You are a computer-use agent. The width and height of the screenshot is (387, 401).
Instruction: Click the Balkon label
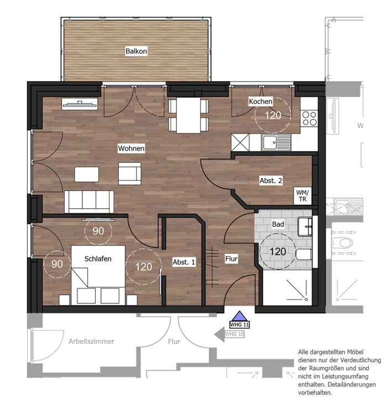tap(136, 51)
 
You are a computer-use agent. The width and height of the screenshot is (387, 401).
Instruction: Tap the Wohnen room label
tap(131, 148)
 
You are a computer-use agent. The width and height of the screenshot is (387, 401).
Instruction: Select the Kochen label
tap(260, 101)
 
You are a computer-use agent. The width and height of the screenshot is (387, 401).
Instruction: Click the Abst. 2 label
tap(271, 180)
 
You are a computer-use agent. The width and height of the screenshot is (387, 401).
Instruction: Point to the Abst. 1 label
tap(184, 262)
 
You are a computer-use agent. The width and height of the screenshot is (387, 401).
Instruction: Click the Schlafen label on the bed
tap(98, 259)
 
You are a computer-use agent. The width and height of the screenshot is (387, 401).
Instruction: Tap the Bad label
tap(278, 224)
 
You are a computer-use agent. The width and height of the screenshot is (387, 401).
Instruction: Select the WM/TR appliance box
tap(302, 196)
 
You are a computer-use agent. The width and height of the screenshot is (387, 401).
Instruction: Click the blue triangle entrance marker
tap(239, 316)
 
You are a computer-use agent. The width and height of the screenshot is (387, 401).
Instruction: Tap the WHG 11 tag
tap(239, 325)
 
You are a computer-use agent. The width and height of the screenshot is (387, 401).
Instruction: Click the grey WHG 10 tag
tap(234, 334)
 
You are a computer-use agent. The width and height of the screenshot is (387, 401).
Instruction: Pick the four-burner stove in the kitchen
tap(310, 118)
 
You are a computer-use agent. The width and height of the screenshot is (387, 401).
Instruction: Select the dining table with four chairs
tap(188, 115)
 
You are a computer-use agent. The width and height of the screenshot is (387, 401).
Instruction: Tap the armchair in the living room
tap(130, 173)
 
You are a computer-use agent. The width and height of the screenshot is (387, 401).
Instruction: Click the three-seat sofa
tap(89, 201)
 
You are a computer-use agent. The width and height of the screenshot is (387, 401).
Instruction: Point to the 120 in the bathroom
tap(278, 252)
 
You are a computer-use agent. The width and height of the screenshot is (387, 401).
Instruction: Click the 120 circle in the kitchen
tap(273, 115)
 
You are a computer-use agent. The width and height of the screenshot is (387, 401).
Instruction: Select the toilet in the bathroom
tap(304, 254)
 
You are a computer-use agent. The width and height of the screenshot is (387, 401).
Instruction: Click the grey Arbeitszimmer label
tap(91, 341)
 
